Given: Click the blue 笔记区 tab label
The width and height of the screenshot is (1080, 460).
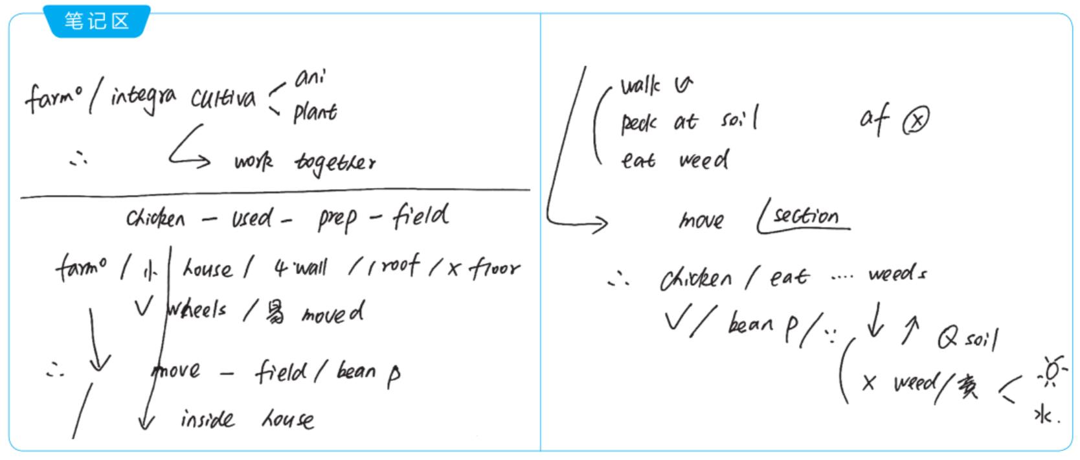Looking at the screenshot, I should [x=96, y=21].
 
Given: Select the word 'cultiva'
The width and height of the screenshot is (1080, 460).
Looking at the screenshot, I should [x=223, y=98].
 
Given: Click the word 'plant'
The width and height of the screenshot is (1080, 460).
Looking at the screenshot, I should [x=315, y=113].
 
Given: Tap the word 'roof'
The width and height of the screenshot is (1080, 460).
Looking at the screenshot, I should [x=399, y=266].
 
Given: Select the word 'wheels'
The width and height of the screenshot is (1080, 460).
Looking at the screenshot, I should [x=197, y=309].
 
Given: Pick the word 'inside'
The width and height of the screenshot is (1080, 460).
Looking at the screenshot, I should [x=207, y=420].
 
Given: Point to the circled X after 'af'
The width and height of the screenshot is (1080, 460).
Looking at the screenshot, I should [x=916, y=120].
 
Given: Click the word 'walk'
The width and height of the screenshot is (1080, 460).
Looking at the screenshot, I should [x=640, y=86].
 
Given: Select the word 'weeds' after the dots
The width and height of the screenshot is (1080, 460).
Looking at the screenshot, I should [x=897, y=275].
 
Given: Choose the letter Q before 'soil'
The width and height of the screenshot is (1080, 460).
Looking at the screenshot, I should [x=947, y=338].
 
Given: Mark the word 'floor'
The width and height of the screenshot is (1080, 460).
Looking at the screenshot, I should [x=493, y=267].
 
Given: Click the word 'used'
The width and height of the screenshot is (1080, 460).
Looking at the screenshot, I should [x=252, y=219].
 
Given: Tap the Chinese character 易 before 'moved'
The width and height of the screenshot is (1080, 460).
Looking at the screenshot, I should [x=275, y=314].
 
